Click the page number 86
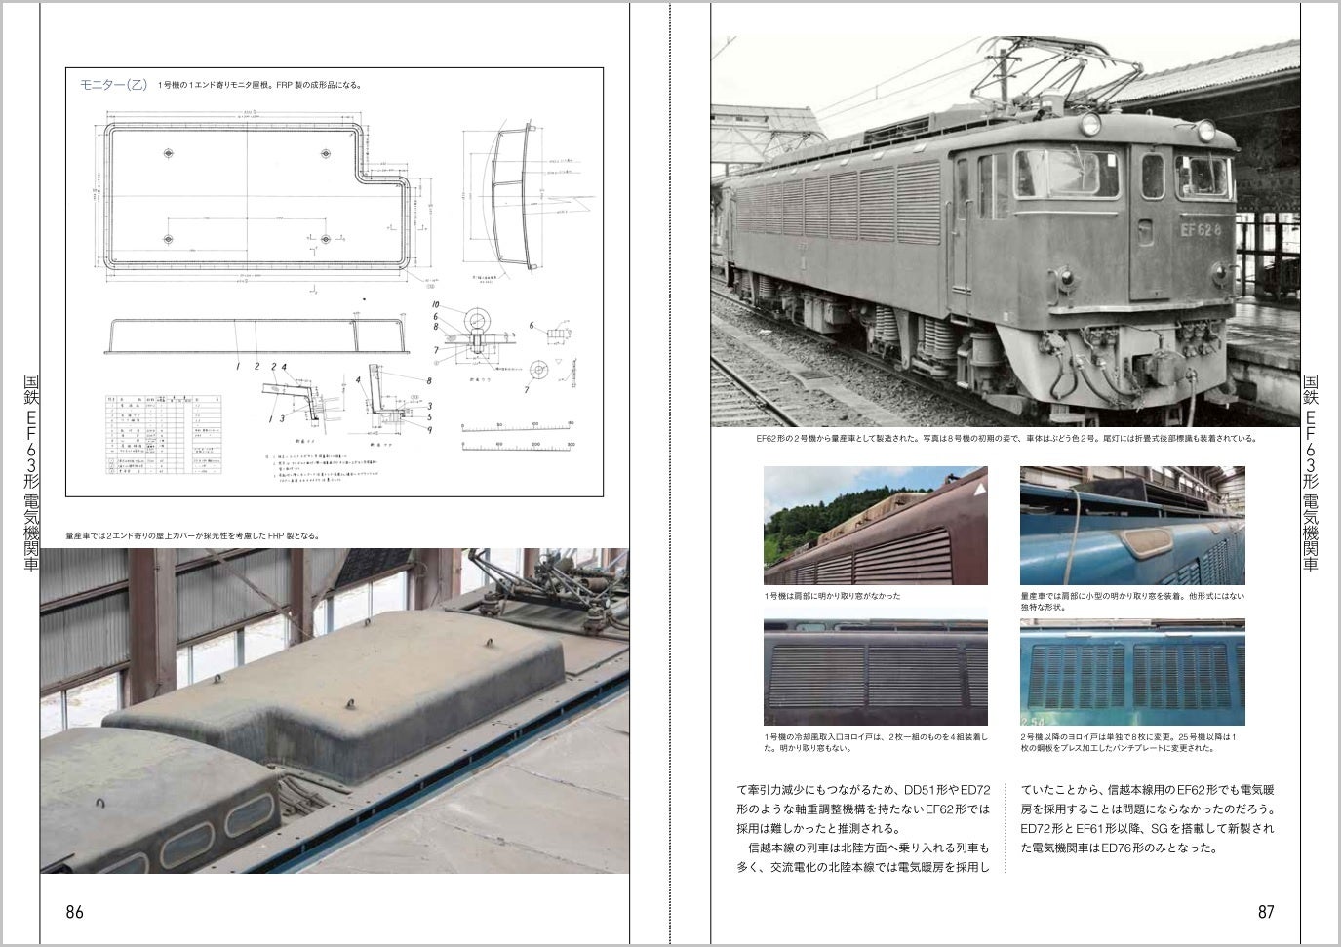[x=74, y=912]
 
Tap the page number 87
[x=1266, y=912]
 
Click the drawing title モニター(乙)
[x=113, y=85]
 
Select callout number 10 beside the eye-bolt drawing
[x=437, y=305]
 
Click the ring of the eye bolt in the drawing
[x=479, y=319]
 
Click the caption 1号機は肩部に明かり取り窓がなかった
[x=832, y=596]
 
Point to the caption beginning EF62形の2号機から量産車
[x=1006, y=439]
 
